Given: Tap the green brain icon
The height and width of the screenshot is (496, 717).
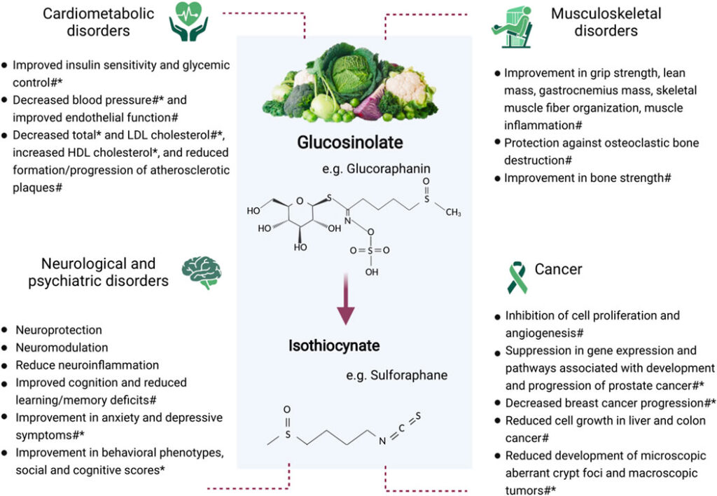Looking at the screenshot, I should coord(202,272).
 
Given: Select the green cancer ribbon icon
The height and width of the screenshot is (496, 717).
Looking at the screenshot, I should coord(516,277).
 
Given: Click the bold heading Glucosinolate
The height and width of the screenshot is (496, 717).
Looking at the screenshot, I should coord(350,143).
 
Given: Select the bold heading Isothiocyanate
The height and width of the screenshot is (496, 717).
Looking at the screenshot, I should coord(334,345).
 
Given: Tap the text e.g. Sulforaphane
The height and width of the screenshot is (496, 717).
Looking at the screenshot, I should coord(396,375).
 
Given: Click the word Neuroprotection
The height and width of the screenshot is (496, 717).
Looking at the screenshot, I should coord(59,330).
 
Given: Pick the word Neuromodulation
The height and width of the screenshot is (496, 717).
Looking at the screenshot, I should coord(62,347).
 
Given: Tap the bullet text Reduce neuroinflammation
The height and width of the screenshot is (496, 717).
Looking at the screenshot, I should coord(87,366).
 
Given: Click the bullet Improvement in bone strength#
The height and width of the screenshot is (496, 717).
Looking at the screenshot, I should coord(587,178).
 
